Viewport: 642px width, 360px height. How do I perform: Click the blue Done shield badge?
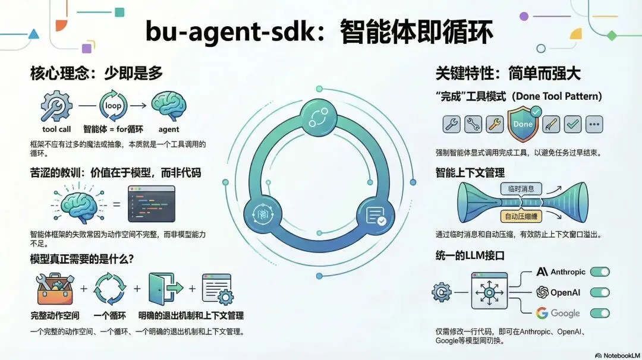(523, 124)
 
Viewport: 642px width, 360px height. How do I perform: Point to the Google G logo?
(542, 313)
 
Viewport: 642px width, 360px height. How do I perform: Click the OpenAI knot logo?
(542, 292)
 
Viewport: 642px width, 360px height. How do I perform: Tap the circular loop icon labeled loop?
(113, 106)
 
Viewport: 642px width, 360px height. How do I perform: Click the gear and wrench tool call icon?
(56, 107)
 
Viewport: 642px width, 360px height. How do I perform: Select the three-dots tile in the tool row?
(594, 124)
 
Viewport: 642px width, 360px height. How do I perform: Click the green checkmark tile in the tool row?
(573, 124)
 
